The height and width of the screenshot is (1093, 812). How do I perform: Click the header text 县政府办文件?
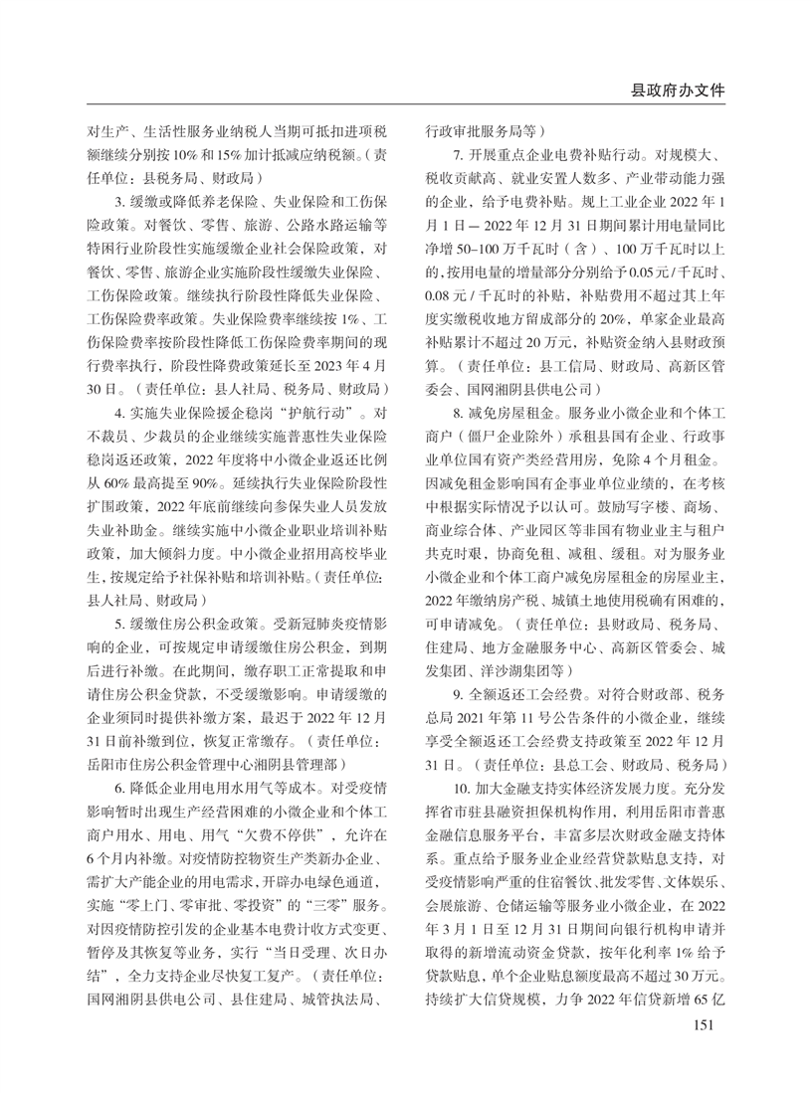tap(678, 91)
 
